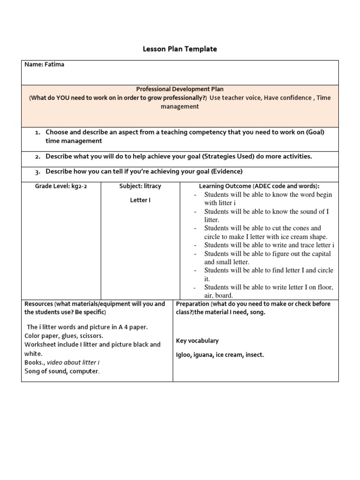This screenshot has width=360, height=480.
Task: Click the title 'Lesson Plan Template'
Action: pyautogui.click(x=180, y=49)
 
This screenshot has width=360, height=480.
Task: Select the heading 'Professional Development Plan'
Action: pyautogui.click(x=180, y=89)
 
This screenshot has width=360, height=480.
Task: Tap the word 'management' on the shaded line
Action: pyautogui.click(x=180, y=106)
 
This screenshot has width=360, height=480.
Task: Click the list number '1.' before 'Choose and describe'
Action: pyautogui.click(x=38, y=133)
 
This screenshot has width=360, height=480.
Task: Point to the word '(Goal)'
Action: pyautogui.click(x=315, y=133)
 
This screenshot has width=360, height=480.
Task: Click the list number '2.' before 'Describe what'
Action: pyautogui.click(x=38, y=156)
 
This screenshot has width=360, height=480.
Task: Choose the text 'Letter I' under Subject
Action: pyautogui.click(x=140, y=200)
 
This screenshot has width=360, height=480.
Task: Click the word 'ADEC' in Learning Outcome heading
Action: pyautogui.click(x=263, y=186)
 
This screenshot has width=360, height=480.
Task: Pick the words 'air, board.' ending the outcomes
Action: pyautogui.click(x=218, y=295)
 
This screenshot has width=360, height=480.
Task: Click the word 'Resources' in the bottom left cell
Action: pyautogui.click(x=39, y=304)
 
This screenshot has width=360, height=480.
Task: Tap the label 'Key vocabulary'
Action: pyautogui.click(x=197, y=341)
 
